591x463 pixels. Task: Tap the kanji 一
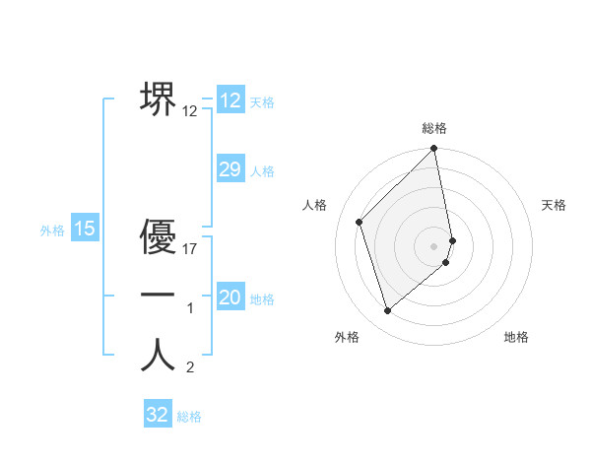click(x=158, y=296)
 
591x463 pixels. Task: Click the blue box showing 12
click(x=230, y=100)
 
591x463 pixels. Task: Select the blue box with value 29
click(x=230, y=169)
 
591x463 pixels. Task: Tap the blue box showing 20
click(x=230, y=298)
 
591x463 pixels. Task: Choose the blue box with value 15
click(x=85, y=230)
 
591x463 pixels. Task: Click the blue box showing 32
click(x=158, y=415)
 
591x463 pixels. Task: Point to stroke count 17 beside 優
click(x=190, y=249)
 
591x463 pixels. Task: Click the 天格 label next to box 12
click(x=262, y=102)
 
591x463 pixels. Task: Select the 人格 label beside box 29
click(x=262, y=171)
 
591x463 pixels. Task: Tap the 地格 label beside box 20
click(x=262, y=299)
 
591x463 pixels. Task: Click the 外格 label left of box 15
click(x=52, y=231)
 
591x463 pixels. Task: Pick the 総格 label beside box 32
click(x=189, y=417)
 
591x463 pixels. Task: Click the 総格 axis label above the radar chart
click(x=434, y=128)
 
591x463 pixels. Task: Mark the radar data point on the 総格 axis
click(x=434, y=150)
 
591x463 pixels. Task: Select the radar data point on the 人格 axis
click(x=360, y=222)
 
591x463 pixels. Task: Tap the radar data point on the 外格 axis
click(x=387, y=311)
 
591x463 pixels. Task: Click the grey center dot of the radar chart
click(x=434, y=245)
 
